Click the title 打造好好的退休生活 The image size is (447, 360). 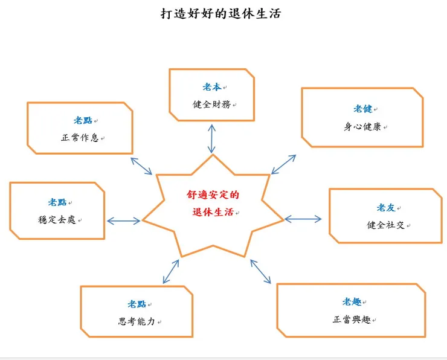[x=220, y=13]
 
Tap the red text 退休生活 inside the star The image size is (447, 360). [x=211, y=213]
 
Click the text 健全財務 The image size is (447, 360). [x=211, y=104]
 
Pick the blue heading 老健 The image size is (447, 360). [x=362, y=109]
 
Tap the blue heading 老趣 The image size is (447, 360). [x=352, y=301]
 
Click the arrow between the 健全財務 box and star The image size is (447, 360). [x=211, y=139]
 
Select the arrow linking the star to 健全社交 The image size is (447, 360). [x=303, y=219]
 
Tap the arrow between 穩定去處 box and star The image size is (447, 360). [x=123, y=221]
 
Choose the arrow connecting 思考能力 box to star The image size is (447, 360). [x=171, y=271]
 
